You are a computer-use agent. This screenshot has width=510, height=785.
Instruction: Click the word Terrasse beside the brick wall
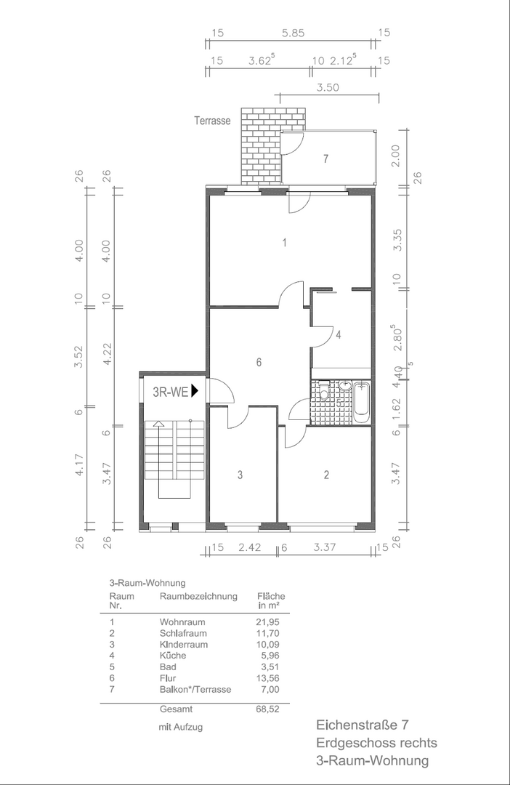(x=212, y=121)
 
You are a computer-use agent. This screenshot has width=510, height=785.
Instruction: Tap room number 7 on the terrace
(x=326, y=158)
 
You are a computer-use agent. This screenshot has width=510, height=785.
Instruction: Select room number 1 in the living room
(x=285, y=243)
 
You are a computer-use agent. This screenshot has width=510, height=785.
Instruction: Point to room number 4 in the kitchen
(x=338, y=334)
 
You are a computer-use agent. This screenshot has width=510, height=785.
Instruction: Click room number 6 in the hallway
(x=258, y=362)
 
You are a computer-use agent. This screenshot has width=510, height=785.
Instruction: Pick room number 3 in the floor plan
(x=239, y=475)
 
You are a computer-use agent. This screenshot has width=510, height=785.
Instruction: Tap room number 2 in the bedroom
(x=326, y=475)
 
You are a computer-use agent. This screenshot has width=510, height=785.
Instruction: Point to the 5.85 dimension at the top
(x=294, y=33)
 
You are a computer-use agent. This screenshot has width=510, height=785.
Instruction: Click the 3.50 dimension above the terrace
(x=328, y=87)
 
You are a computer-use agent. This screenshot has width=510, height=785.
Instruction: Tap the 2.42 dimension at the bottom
(x=248, y=548)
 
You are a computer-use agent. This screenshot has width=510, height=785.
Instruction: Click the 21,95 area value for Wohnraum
(x=267, y=622)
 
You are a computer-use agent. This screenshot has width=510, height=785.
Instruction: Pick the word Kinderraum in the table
(x=183, y=645)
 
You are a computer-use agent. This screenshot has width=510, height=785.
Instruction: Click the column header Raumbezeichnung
(x=198, y=597)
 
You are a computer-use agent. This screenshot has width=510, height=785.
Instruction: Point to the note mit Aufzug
(x=181, y=727)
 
